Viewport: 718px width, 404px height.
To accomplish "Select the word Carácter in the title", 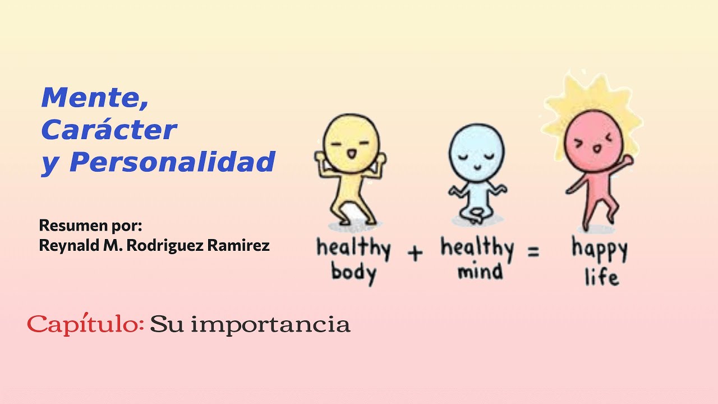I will click(108, 130).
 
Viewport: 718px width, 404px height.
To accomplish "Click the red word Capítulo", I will click(86, 324).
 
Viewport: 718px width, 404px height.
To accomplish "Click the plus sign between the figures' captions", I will click(415, 253).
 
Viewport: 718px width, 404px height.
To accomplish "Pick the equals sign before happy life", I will click(533, 252).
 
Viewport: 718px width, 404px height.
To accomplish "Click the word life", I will click(601, 276).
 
